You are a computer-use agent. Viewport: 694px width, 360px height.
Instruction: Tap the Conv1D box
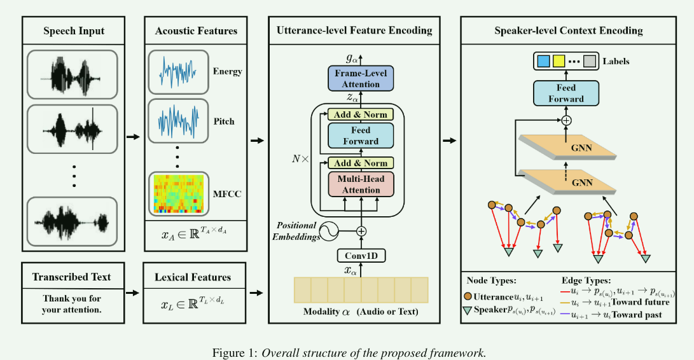361,256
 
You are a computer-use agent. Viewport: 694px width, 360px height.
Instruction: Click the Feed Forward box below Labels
566,93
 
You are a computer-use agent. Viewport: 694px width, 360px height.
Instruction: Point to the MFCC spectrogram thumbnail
178,193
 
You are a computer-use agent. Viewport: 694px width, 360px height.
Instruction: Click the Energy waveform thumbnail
178,71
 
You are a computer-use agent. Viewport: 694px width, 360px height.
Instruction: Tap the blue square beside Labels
543,62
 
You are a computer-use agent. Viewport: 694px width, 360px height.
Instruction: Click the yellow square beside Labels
559,62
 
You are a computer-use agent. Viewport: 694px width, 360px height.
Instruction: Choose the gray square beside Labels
590,62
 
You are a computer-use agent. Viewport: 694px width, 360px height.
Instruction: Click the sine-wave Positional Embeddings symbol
329,232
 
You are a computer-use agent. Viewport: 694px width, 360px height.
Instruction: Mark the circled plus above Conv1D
361,232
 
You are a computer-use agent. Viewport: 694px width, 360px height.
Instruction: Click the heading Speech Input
74,31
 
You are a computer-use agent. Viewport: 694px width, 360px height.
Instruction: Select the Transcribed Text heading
72,277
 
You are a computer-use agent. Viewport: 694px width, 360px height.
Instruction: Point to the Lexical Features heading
193,277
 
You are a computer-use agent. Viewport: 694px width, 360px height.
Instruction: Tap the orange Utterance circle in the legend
468,297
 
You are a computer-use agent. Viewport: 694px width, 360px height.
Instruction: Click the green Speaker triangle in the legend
468,310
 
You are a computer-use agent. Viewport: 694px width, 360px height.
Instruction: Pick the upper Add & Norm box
361,115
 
